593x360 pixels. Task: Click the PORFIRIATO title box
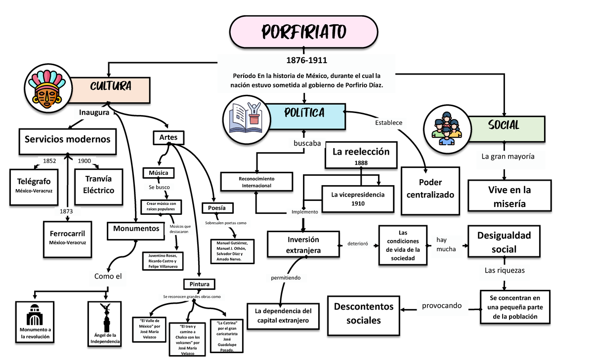point(303,32)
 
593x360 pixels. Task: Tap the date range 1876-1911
point(303,61)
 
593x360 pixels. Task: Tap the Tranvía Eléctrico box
point(99,186)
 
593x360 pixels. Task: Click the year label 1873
point(65,211)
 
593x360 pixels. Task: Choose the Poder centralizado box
point(430,190)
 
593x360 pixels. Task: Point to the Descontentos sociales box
point(364,313)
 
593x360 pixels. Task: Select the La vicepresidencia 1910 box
point(358,199)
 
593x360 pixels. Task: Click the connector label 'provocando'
point(442,306)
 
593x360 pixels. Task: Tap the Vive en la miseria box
point(506,197)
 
